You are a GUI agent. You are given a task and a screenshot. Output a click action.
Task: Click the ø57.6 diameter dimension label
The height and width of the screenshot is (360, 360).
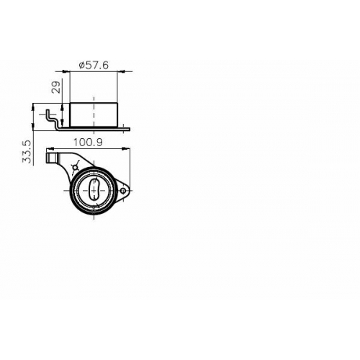94,66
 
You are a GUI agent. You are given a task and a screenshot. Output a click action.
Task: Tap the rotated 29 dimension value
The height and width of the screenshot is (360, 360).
56,87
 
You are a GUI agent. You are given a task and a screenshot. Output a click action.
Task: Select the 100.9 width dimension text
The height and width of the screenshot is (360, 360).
88,143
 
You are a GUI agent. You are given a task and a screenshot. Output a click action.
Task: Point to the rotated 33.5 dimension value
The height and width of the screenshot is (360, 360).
27,152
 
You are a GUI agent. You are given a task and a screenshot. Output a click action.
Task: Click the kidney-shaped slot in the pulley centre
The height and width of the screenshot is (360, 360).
94,189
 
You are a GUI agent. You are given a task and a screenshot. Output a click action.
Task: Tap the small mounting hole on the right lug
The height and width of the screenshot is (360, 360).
123,191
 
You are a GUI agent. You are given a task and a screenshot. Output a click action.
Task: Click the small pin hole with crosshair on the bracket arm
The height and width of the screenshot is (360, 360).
76,167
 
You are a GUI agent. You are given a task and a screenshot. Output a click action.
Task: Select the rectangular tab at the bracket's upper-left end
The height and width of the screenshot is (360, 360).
52,158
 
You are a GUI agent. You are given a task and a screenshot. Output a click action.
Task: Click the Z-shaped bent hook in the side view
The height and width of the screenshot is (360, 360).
53,120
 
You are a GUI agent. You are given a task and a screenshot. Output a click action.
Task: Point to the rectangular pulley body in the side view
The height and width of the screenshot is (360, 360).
94,114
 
